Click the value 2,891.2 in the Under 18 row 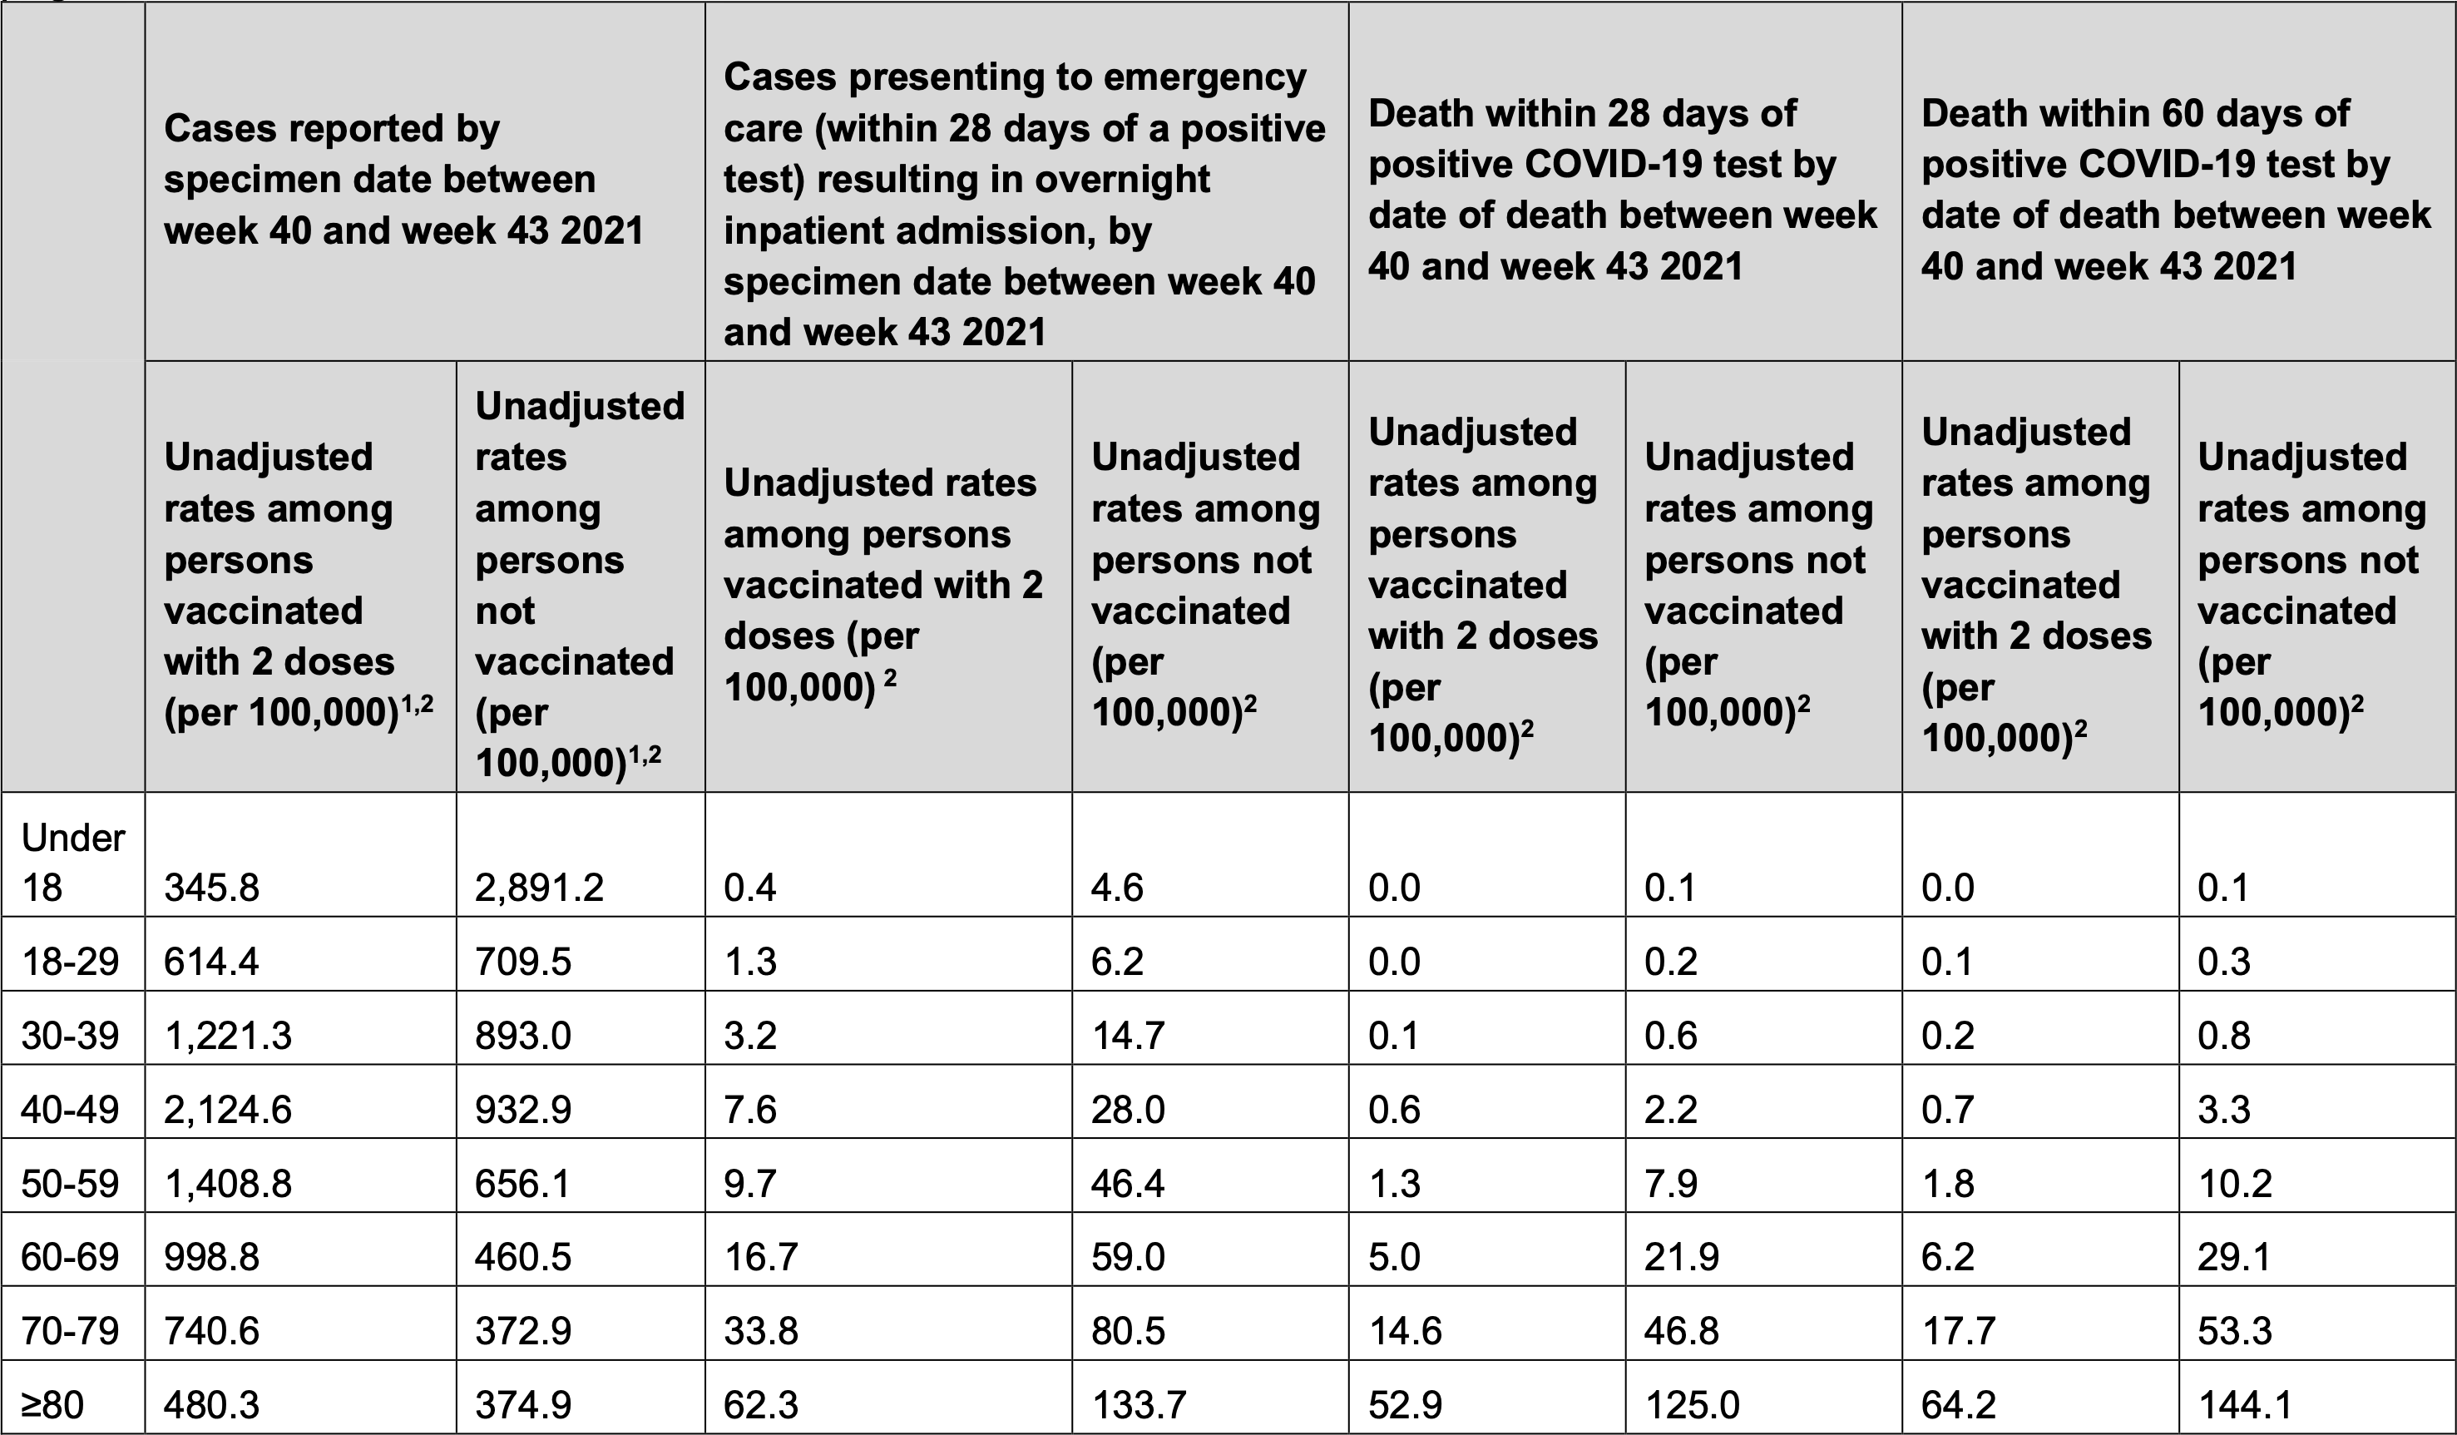pyautogui.click(x=539, y=887)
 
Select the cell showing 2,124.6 pyautogui.click(x=227, y=1110)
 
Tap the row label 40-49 pyautogui.click(x=70, y=1110)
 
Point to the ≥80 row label pyautogui.click(x=52, y=1405)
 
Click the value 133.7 pyautogui.click(x=1138, y=1405)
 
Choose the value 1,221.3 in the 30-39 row pyautogui.click(x=227, y=1036)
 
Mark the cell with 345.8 pyautogui.click(x=211, y=887)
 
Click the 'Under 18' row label pyautogui.click(x=73, y=862)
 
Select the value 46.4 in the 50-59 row pyautogui.click(x=1128, y=1184)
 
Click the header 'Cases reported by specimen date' pyautogui.click(x=403, y=180)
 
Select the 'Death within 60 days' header pyautogui.click(x=2176, y=189)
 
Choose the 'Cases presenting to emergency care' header pyautogui.click(x=1024, y=204)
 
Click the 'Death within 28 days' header pyautogui.click(x=1623, y=189)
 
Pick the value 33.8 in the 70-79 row pyautogui.click(x=760, y=1331)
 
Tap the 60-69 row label pyautogui.click(x=70, y=1257)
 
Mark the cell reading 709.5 pyautogui.click(x=523, y=961)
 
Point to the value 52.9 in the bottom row pyautogui.click(x=1405, y=1405)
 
